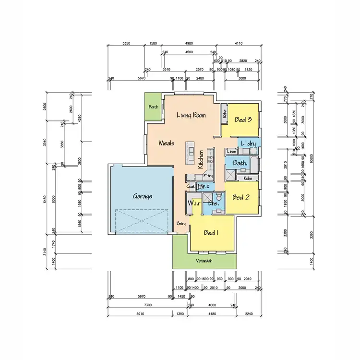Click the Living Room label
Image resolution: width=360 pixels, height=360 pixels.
[x=191, y=115]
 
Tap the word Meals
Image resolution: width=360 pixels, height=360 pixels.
[x=166, y=143]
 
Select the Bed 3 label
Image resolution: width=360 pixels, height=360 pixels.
[x=243, y=120]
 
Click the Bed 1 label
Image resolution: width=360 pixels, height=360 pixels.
[x=211, y=233]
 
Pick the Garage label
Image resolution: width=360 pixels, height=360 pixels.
[x=143, y=196]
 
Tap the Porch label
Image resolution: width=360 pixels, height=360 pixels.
[x=154, y=107]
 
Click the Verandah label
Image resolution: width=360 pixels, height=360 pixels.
[x=204, y=261]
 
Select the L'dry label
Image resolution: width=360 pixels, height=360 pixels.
[x=248, y=144]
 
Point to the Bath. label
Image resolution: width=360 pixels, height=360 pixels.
[x=240, y=163]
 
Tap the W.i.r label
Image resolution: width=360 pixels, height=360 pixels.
[x=194, y=203]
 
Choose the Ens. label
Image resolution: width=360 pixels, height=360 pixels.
[x=214, y=204]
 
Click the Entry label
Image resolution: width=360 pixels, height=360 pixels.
[x=181, y=223]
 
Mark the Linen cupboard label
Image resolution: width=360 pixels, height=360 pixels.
[x=231, y=152]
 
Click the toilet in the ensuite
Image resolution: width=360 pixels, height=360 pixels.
[x=218, y=196]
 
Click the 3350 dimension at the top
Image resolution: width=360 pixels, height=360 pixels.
[x=126, y=43]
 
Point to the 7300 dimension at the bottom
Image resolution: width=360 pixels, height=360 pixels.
[x=148, y=305]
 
